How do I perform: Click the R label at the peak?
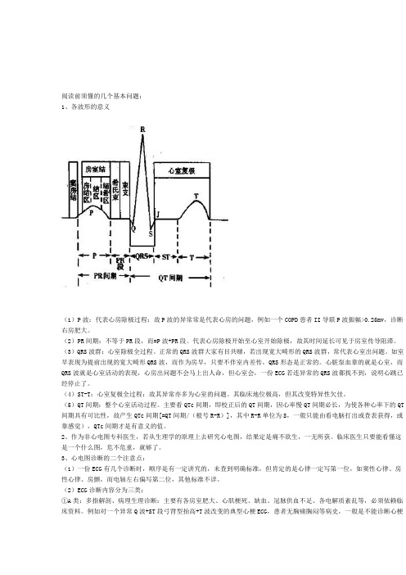tap(144, 129)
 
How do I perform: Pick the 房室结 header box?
tap(97, 167)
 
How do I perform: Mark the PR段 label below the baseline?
tap(120, 264)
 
